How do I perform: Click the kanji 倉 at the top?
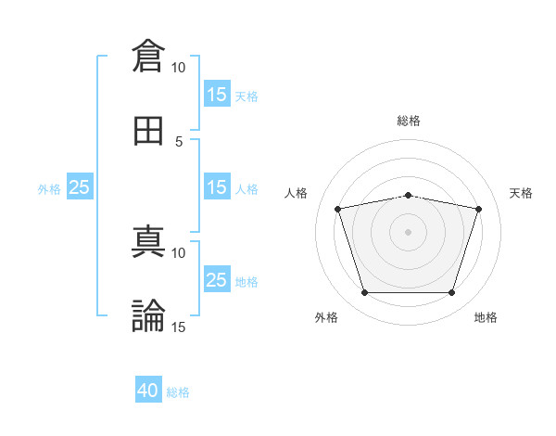(148, 56)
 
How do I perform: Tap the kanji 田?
(148, 131)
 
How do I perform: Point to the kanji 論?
(148, 316)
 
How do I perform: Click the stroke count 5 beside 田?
(180, 141)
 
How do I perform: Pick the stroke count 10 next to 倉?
(178, 68)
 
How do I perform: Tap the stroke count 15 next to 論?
(178, 327)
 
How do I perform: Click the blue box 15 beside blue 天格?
(217, 94)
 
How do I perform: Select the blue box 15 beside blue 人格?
(217, 187)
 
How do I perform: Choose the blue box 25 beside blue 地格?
(217, 280)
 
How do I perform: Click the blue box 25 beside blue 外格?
(80, 187)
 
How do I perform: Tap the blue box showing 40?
(148, 391)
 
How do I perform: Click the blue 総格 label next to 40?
(178, 392)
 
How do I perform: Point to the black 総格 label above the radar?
(409, 121)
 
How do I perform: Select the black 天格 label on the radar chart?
(522, 193)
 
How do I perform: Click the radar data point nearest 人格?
(338, 209)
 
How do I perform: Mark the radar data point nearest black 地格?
(451, 293)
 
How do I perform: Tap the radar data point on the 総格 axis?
(409, 196)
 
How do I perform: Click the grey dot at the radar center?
(409, 232)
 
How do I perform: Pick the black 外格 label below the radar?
(326, 317)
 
